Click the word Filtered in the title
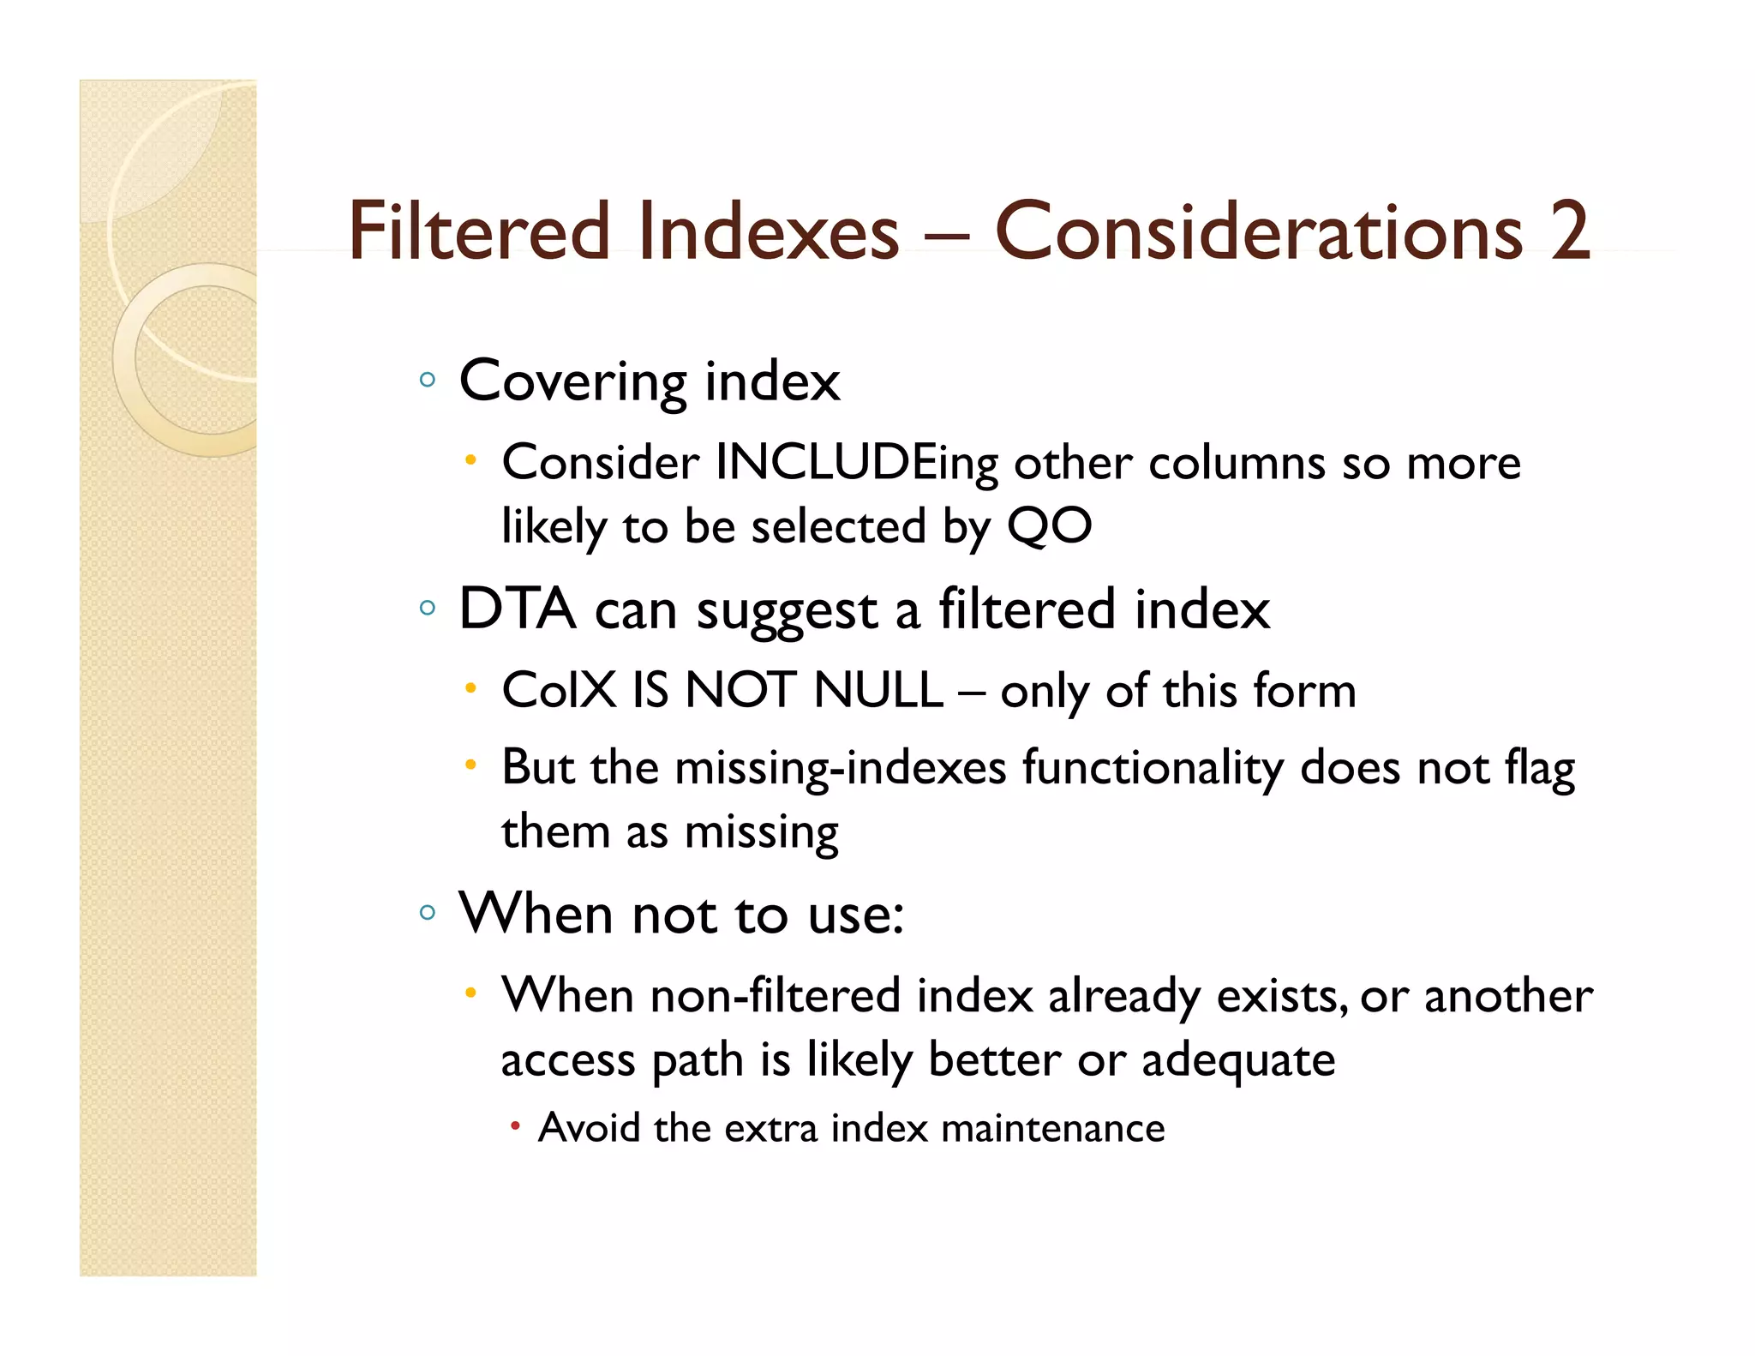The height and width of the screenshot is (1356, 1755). tap(478, 231)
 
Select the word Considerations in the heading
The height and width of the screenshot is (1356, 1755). tap(1258, 231)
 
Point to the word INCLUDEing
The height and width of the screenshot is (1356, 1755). tap(856, 464)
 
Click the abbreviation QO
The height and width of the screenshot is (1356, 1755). tap(1049, 525)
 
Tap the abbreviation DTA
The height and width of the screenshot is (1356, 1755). tap(517, 609)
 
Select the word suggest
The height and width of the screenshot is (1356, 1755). tap(787, 611)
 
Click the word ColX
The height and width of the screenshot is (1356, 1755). tap(559, 690)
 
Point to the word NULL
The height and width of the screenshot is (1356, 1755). tap(878, 690)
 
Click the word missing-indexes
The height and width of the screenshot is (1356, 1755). tap(840, 767)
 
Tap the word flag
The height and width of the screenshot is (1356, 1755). tap(1539, 767)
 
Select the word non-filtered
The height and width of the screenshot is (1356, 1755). tap(775, 996)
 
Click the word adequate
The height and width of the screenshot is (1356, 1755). tap(1237, 1060)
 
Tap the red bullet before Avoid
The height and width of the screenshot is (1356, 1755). tap(515, 1126)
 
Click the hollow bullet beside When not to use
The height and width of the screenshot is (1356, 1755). tap(428, 912)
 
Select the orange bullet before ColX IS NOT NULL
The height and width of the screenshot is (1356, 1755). tap(470, 687)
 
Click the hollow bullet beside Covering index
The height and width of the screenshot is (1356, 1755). tap(428, 379)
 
